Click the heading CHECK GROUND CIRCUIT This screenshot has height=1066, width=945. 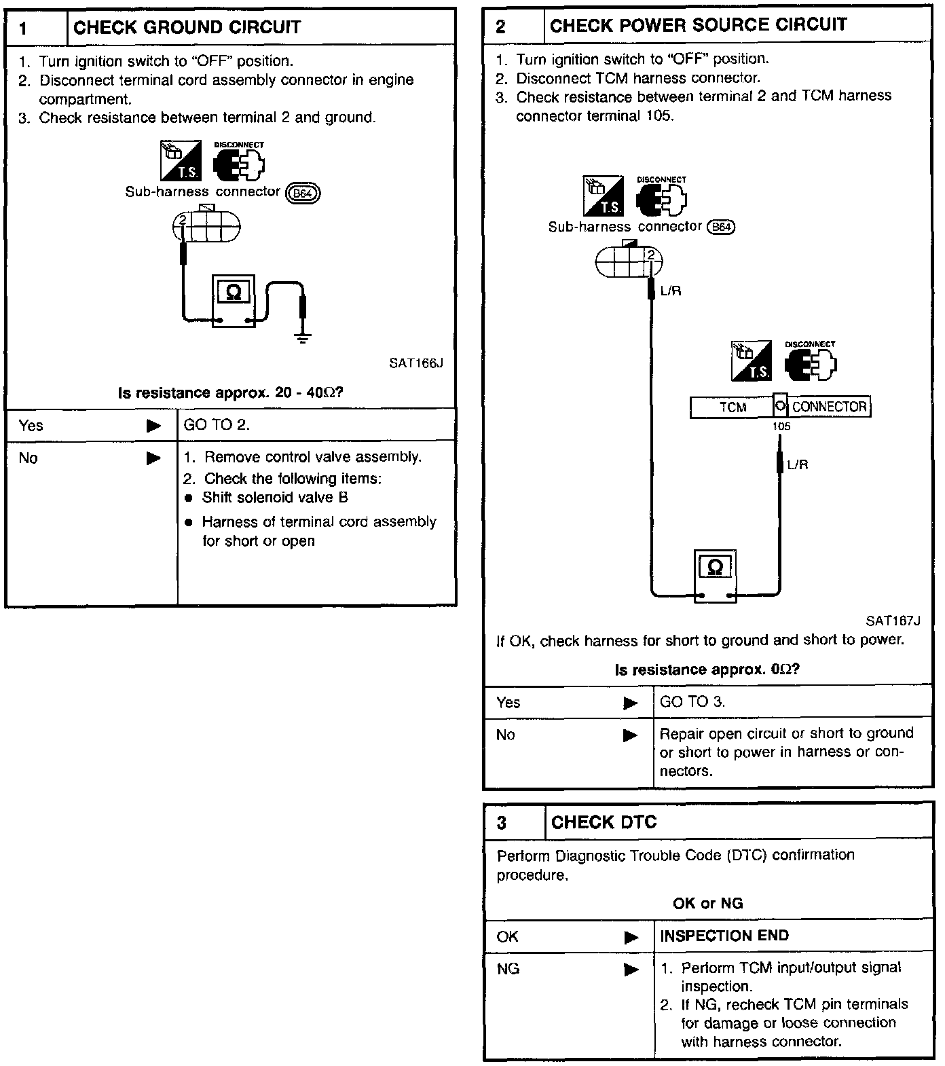[187, 28]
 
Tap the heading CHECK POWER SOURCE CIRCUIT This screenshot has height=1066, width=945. [698, 25]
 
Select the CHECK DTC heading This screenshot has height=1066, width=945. [604, 822]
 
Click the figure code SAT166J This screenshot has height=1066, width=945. [416, 363]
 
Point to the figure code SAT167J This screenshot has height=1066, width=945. [893, 621]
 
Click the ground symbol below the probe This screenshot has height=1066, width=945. [303, 338]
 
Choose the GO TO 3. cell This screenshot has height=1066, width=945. [692, 702]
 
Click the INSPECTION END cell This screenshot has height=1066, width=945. [724, 936]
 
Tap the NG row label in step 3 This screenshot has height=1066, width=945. [508, 969]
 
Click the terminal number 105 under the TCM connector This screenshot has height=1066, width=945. [781, 427]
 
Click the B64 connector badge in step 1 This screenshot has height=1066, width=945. [303, 194]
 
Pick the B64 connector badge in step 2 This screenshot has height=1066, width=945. [721, 227]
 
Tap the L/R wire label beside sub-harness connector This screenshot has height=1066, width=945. [670, 291]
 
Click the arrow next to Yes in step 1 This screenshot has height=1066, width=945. [154, 426]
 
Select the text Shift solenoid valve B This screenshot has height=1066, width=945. [275, 498]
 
